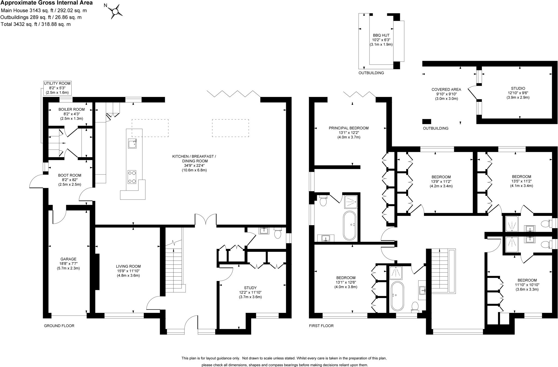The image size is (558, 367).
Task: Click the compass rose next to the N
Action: [x=115, y=12]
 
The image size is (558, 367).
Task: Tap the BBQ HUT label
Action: [x=381, y=35]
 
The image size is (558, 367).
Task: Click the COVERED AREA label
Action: [x=446, y=90]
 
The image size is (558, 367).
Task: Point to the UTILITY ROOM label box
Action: [x=57, y=88]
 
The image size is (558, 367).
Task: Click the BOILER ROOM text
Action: [x=71, y=109]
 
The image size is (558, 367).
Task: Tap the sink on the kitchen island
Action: [x=132, y=143]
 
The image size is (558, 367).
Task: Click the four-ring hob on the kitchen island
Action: [x=132, y=177]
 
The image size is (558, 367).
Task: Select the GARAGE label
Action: [x=68, y=259]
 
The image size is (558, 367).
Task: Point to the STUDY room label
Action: [x=250, y=288]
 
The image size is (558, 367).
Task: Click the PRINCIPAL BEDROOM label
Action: [x=348, y=128]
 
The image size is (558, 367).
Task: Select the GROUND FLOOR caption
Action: [x=59, y=326]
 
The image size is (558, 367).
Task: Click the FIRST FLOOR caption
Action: [x=321, y=326]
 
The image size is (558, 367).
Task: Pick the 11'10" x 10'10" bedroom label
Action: [x=527, y=285]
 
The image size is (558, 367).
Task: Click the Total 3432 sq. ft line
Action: [x=36, y=24]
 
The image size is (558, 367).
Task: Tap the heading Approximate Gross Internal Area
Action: [x=47, y=3]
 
